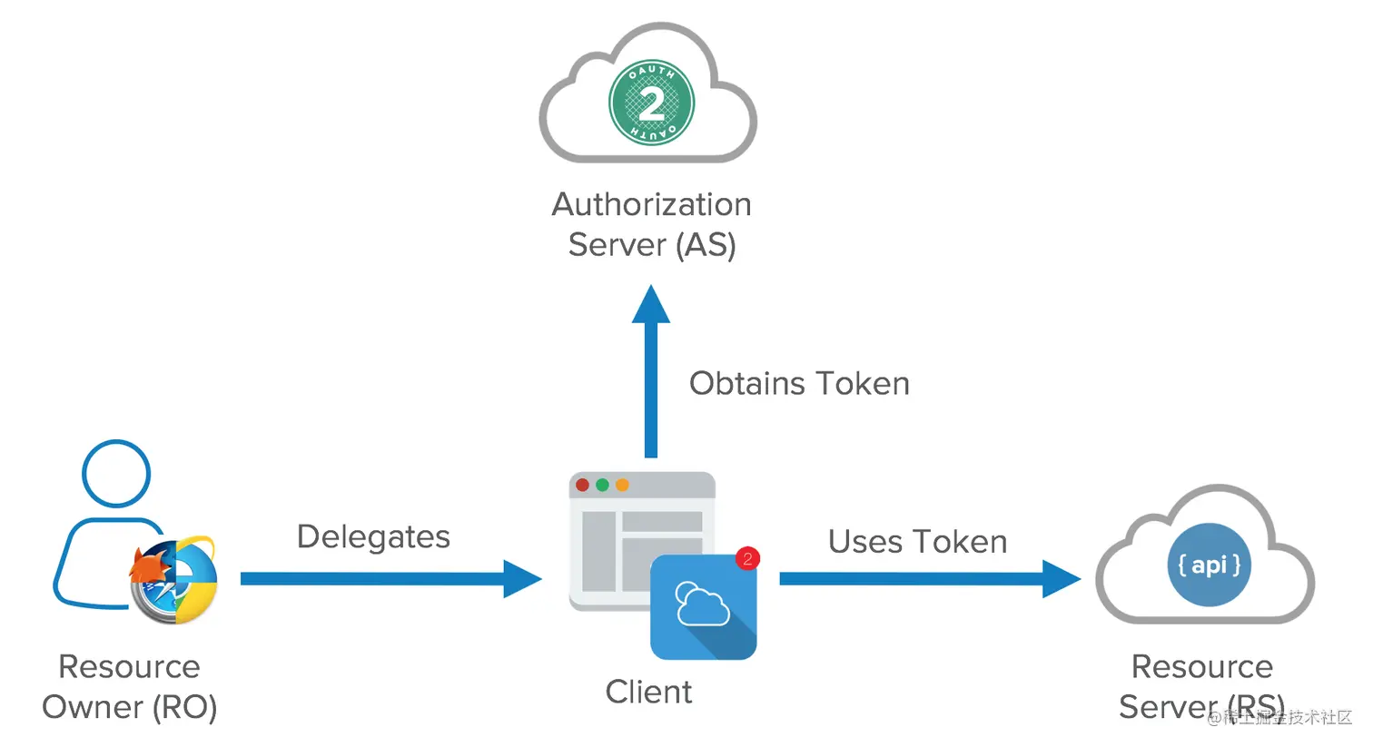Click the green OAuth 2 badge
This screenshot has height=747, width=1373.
[x=651, y=103]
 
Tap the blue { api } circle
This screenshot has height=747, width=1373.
[x=1209, y=565]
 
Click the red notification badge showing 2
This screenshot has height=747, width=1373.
[x=746, y=558]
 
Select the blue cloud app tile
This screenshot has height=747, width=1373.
[x=703, y=607]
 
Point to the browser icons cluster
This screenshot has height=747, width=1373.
[x=173, y=581]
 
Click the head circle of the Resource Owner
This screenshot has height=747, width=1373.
[x=116, y=474]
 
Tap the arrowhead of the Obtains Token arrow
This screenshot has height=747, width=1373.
[x=651, y=306]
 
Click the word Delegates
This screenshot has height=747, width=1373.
[x=373, y=536]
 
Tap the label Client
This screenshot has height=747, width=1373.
[x=648, y=692]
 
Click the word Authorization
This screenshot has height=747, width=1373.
[x=651, y=204]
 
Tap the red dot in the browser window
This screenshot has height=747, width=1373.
[x=583, y=485]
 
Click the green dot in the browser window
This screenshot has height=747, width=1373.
[x=602, y=485]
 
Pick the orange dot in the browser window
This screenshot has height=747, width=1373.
[x=622, y=485]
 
